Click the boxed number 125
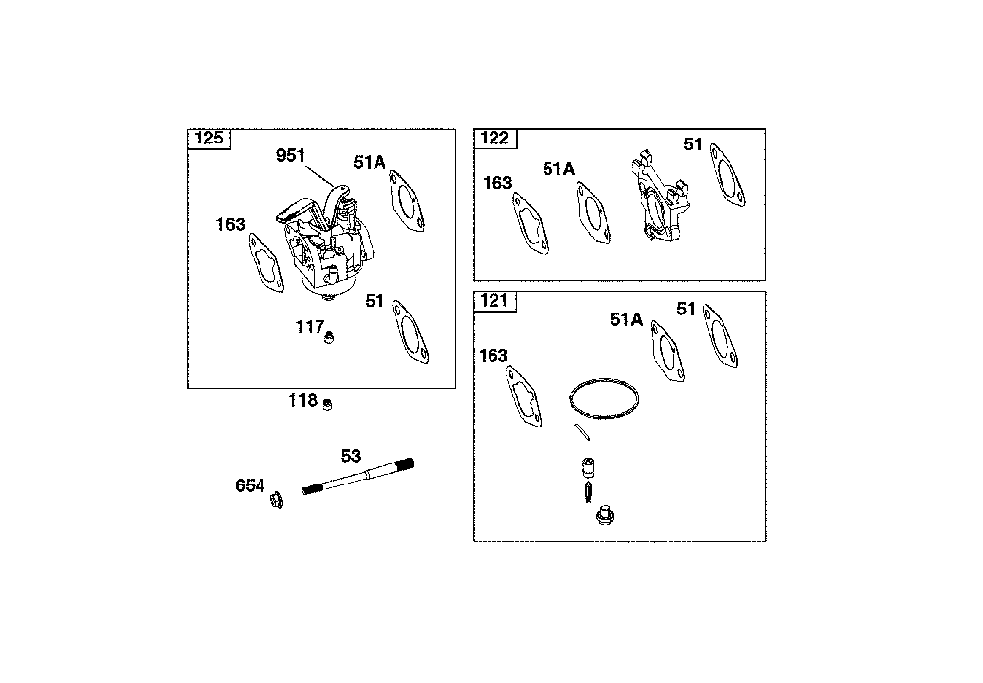coord(208,138)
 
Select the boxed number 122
coord(494,138)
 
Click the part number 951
coord(290,155)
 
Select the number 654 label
coord(250,485)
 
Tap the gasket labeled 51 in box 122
coord(728,177)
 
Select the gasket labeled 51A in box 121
coord(665,351)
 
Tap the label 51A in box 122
coord(558,169)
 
